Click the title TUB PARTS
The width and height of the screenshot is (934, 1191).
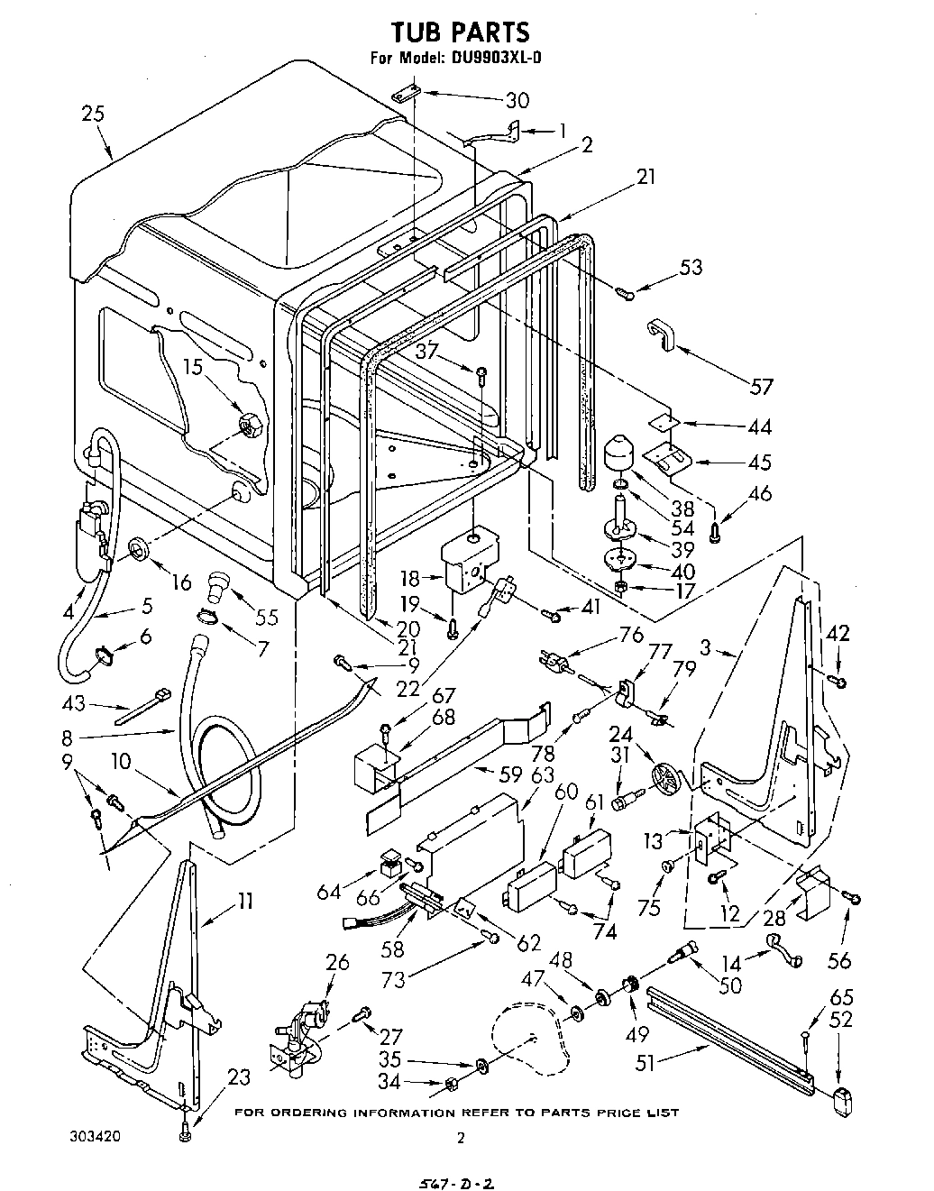tap(460, 33)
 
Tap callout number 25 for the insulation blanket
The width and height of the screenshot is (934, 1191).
tap(92, 114)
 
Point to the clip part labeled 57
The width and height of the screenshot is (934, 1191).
tap(661, 333)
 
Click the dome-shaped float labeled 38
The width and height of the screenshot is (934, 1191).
tap(618, 453)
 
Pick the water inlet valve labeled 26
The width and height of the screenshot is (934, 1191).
tap(298, 1036)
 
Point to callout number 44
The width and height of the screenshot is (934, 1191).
tap(759, 426)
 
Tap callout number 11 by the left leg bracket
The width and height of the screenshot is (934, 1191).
tap(243, 900)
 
